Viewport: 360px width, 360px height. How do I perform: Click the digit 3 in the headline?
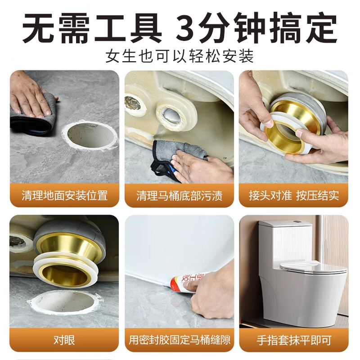186,27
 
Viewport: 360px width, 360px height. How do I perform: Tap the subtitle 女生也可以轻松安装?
180,56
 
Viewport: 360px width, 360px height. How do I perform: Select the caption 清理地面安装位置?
64,196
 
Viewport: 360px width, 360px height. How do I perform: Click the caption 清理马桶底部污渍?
179,196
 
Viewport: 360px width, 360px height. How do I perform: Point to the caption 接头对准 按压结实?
294,196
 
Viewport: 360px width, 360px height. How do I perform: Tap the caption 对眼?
64,340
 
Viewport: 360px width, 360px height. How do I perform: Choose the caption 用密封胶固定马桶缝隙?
179,340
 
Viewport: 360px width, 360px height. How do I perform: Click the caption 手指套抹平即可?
294,340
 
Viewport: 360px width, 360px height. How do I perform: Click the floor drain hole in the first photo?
90,136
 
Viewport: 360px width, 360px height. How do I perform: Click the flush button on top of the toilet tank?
297,222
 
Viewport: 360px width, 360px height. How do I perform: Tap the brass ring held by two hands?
291,129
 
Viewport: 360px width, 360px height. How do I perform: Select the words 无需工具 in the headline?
92,27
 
